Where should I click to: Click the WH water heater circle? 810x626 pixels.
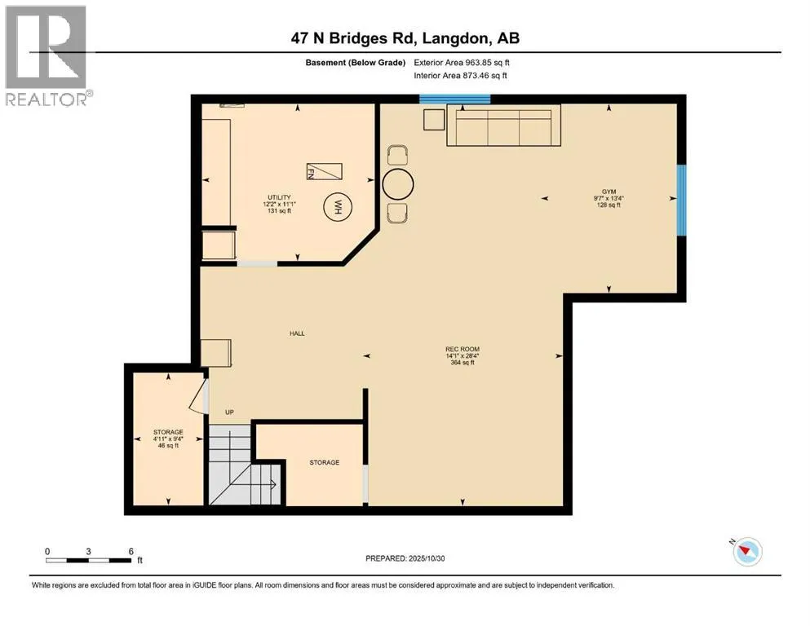(338, 208)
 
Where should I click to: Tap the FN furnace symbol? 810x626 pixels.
(325, 171)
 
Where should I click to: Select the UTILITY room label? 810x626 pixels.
(279, 197)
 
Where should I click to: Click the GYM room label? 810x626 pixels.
(609, 192)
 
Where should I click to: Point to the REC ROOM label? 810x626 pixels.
(463, 349)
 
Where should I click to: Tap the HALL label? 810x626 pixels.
(297, 333)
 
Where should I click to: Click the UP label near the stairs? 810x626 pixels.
(229, 412)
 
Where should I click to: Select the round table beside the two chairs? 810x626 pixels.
(398, 183)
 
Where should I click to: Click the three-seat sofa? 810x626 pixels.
(503, 126)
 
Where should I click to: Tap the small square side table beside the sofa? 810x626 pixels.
(434, 120)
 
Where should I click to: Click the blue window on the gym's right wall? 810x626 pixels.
(682, 200)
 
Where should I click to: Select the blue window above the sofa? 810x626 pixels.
(454, 99)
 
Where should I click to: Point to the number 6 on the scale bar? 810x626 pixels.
(131, 551)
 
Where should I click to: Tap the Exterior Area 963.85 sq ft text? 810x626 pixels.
(462, 63)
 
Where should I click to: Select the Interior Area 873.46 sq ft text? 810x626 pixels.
(460, 75)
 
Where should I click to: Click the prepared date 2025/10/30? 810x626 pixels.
(427, 558)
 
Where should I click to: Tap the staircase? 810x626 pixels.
(243, 465)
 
